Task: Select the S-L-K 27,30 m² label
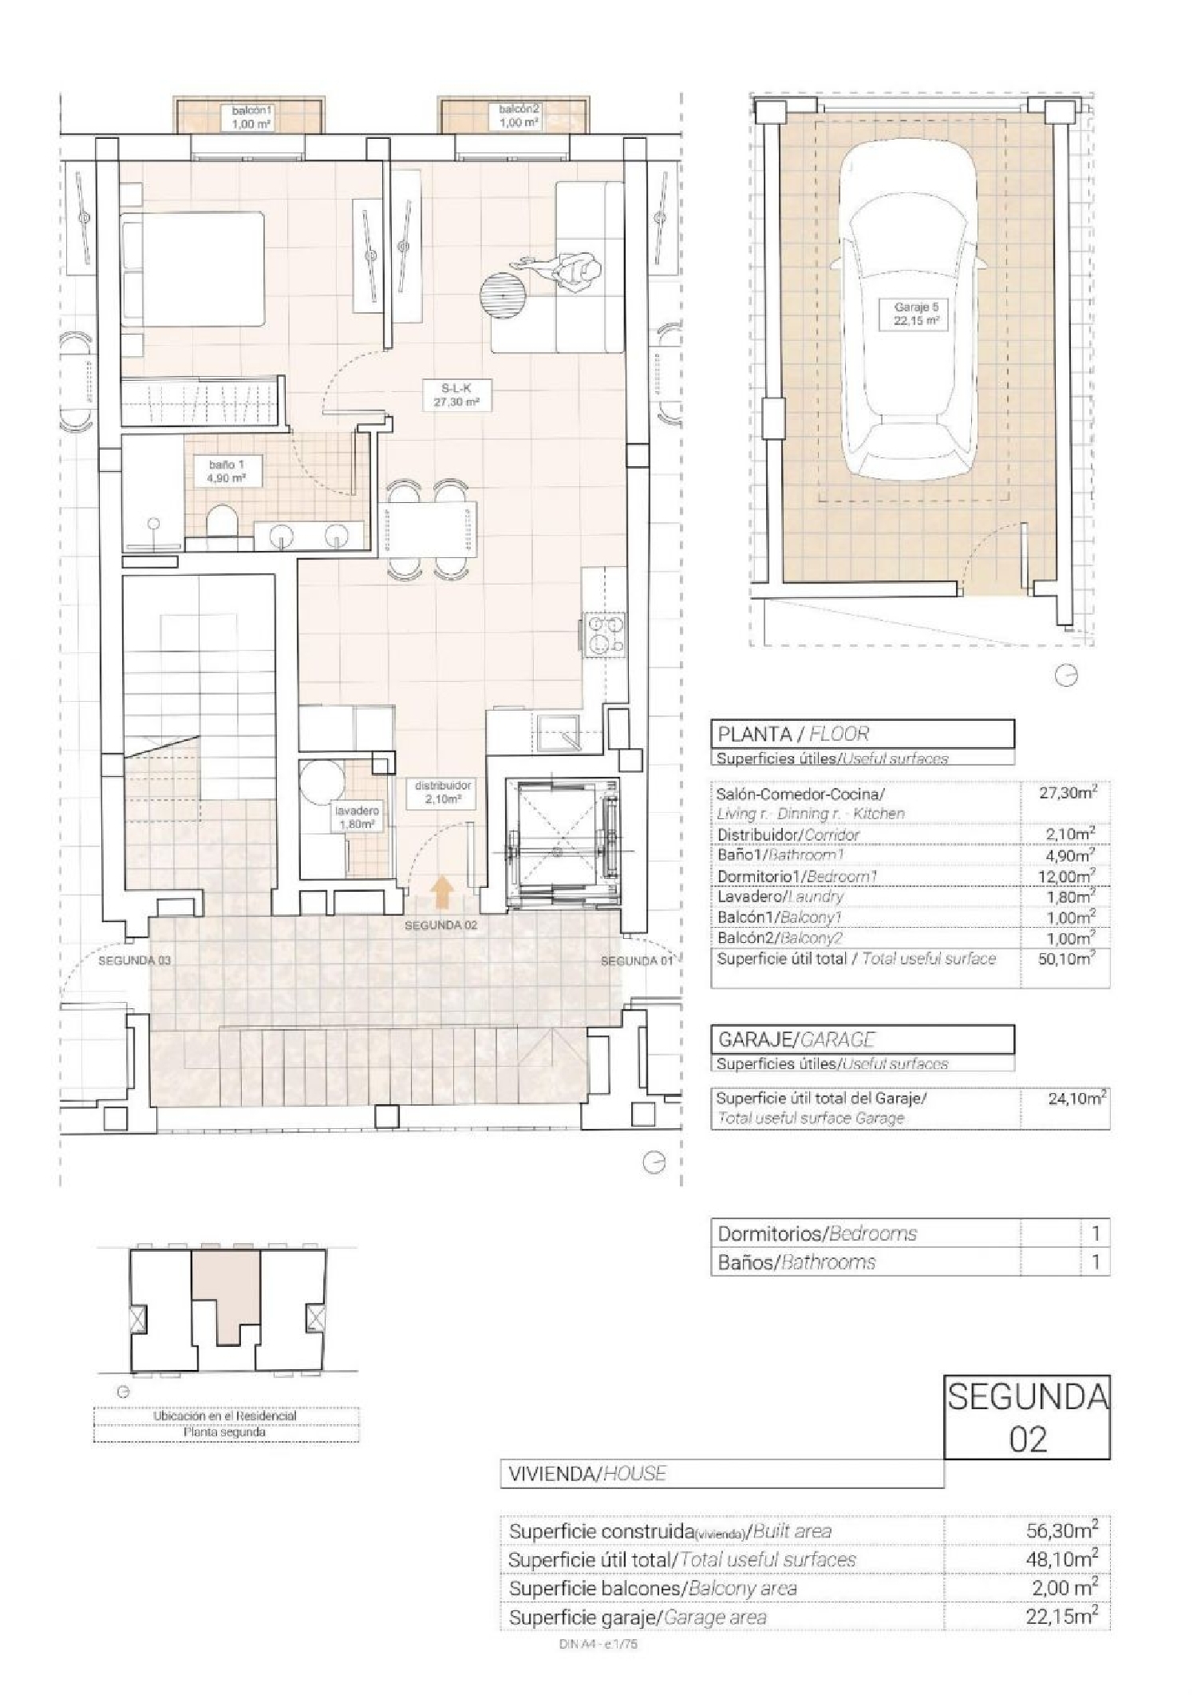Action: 456,395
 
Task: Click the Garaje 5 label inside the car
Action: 916,314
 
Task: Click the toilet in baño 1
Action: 219,527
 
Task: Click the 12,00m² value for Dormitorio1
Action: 1073,876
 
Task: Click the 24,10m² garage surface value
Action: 1075,1099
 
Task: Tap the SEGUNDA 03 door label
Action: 134,960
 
